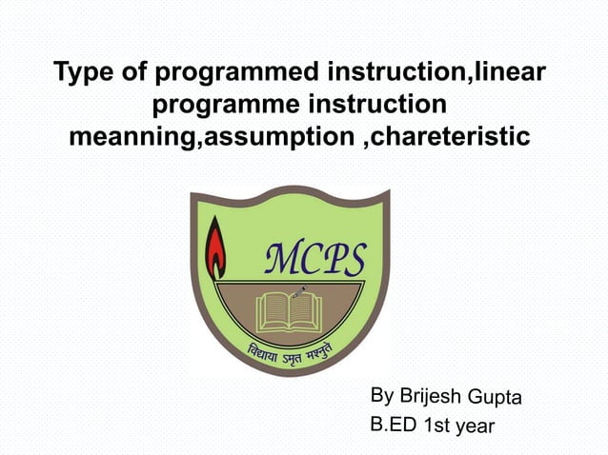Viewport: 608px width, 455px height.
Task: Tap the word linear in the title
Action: [512, 72]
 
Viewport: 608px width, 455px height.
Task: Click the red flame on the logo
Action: [216, 247]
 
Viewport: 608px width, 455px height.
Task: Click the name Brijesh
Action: [431, 395]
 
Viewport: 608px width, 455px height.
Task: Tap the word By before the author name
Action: [381, 395]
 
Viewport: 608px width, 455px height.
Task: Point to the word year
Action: [476, 427]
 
